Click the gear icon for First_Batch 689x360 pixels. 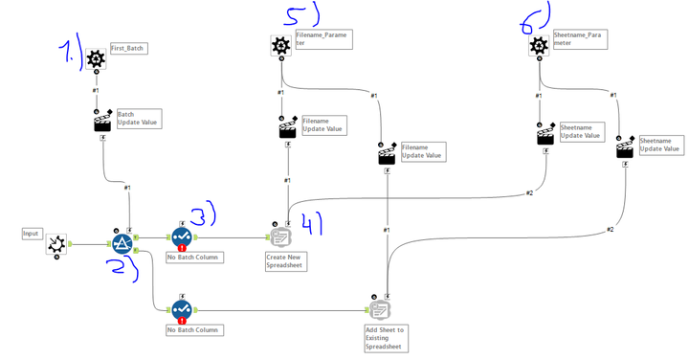pos(96,59)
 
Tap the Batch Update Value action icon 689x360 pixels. pos(102,123)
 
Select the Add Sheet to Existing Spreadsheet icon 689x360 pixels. pos(380,308)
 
